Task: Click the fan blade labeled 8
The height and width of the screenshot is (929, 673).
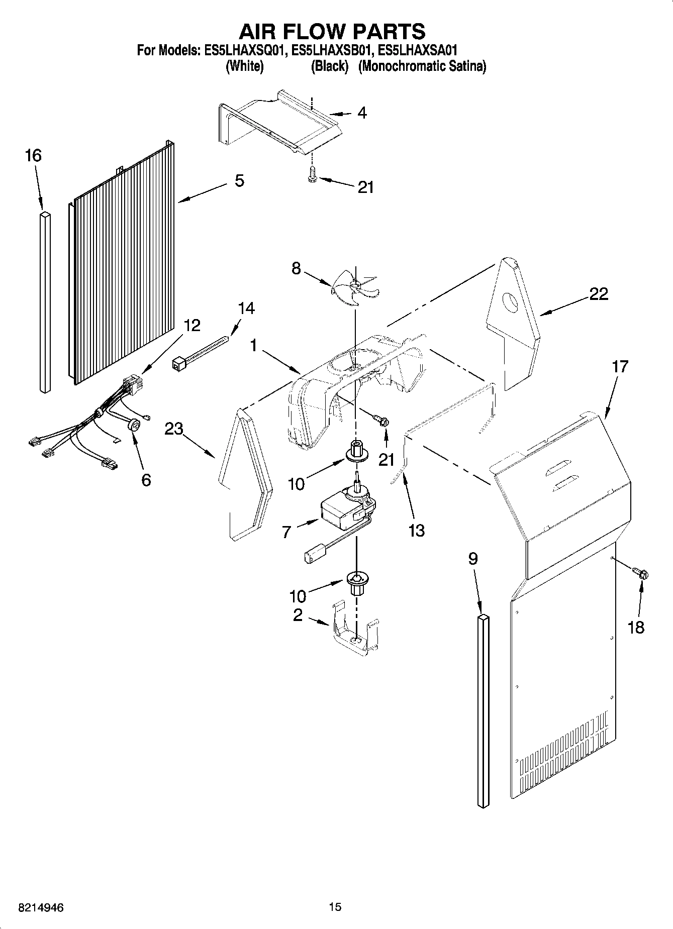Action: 354,286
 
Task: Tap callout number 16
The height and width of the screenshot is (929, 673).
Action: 33,156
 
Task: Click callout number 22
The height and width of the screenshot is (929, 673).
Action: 598,294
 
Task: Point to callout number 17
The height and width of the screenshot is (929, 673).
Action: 620,367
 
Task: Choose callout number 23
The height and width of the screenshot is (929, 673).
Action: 174,429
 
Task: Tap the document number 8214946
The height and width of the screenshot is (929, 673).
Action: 41,907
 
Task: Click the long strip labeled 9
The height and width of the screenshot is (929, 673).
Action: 483,708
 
